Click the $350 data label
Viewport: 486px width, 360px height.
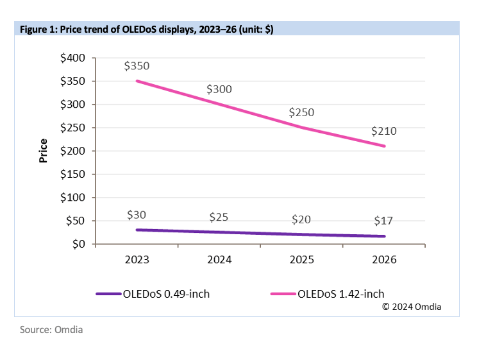point(137,65)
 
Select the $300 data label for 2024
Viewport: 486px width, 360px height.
point(219,89)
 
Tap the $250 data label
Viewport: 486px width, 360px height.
point(301,112)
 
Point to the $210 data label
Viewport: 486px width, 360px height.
point(384,131)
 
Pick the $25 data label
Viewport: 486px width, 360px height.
point(219,218)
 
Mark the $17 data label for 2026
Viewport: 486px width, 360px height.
point(383,221)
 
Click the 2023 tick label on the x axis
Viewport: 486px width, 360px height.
point(137,260)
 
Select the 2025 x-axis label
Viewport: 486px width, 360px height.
point(302,260)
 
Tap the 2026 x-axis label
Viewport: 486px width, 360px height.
point(384,260)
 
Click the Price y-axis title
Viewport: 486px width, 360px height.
point(44,151)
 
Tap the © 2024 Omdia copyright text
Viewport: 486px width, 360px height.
point(412,307)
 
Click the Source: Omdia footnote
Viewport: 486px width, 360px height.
point(51,330)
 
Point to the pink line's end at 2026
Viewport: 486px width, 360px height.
point(384,146)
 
